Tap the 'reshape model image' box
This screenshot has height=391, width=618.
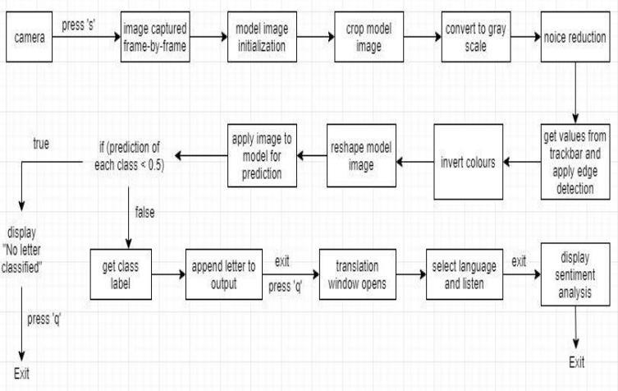(356, 153)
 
